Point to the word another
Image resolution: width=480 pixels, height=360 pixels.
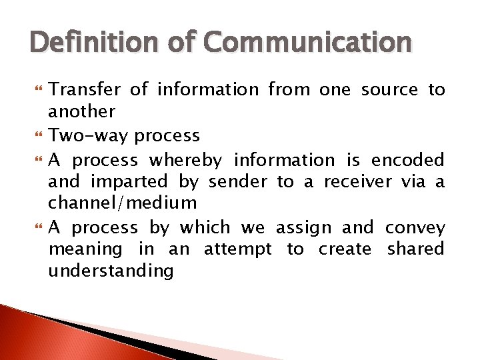coord(82,111)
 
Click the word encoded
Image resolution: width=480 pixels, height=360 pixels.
coord(407,161)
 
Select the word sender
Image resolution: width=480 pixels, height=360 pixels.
coord(236,182)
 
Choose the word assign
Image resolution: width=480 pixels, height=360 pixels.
coord(303,228)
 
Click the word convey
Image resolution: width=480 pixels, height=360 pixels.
coord(415,228)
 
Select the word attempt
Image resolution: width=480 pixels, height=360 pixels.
coord(237,250)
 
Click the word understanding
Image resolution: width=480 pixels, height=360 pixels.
coord(111,271)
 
